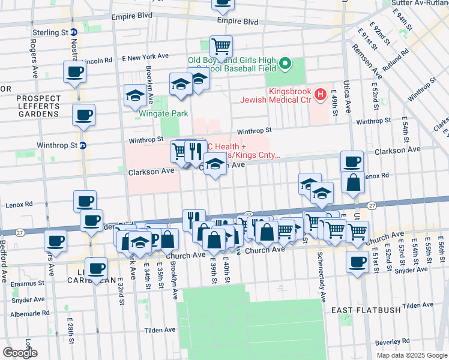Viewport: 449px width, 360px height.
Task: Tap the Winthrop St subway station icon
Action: [83, 145]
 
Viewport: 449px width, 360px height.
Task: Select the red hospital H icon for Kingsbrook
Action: [320, 94]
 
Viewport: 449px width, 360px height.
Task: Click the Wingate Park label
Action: [164, 113]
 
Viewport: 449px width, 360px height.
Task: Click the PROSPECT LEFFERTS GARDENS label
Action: [30, 103]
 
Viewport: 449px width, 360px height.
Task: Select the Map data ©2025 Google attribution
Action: [411, 355]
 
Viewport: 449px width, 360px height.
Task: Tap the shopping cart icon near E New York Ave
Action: [221, 46]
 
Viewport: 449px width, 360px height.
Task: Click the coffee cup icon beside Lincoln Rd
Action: [74, 72]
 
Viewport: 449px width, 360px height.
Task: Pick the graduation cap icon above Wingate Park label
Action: [135, 95]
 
